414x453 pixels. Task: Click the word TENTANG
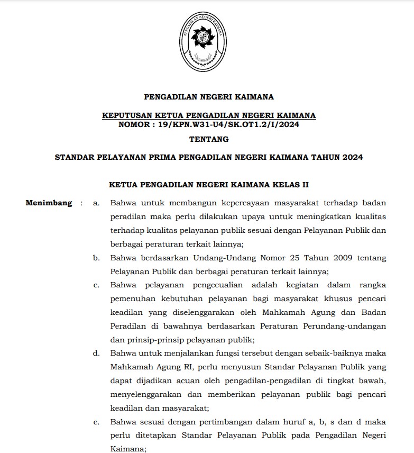click(209, 140)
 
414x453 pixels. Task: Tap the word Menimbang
click(49, 203)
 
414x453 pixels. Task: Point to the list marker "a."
click(96, 203)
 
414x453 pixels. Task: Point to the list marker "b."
click(96, 258)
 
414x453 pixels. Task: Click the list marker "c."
click(96, 285)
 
